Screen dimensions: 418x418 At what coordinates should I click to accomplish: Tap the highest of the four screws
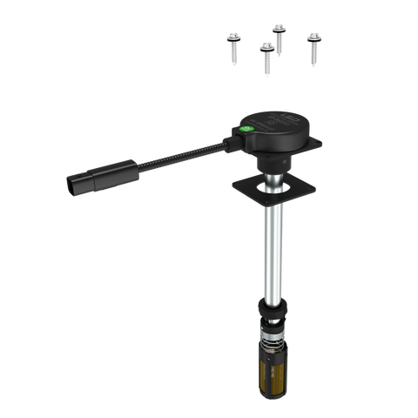280,35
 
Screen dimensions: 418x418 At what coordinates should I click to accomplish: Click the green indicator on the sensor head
246,131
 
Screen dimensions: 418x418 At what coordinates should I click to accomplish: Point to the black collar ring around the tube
273,307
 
